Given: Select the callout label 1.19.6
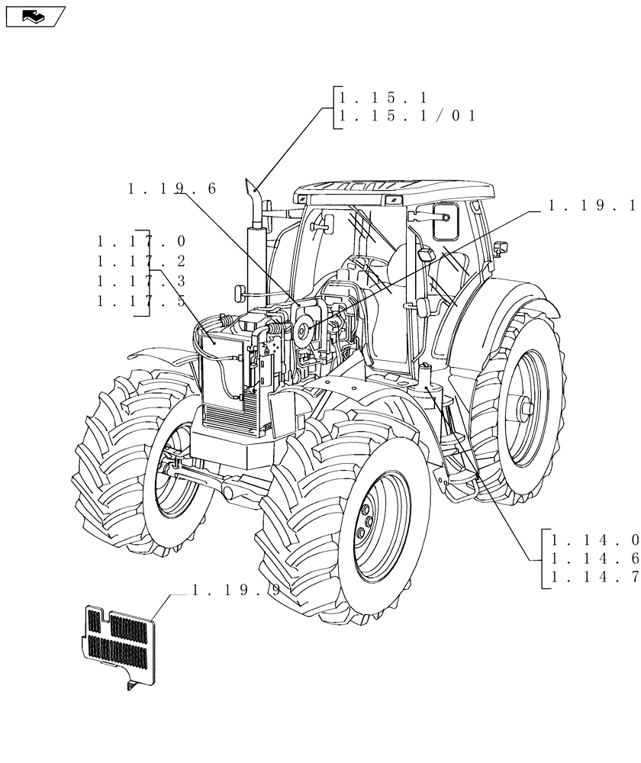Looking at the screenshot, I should tap(172, 188).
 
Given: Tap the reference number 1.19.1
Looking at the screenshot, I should tap(592, 205).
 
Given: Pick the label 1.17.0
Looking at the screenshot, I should tap(141, 241).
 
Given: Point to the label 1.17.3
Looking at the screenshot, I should tap(141, 282).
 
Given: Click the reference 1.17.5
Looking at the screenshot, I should tap(141, 301).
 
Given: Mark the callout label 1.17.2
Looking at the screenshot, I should tap(141, 262).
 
